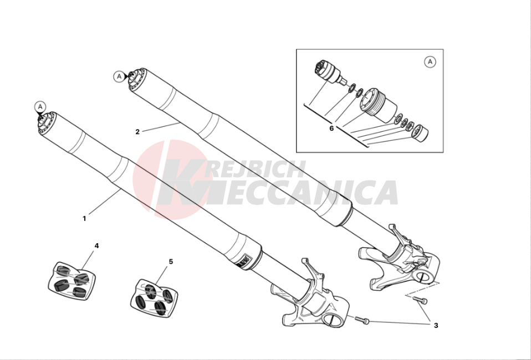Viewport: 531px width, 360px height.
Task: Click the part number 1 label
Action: pyautogui.click(x=84, y=219)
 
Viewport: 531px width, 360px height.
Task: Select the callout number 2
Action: pyautogui.click(x=137, y=132)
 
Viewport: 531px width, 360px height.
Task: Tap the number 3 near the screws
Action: pyautogui.click(x=436, y=326)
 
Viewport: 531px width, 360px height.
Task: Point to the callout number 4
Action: pyautogui.click(x=96, y=246)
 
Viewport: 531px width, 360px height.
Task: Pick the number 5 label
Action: pyautogui.click(x=171, y=261)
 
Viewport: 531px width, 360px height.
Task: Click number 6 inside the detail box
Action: pyautogui.click(x=331, y=128)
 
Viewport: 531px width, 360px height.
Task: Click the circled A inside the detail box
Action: pyautogui.click(x=430, y=62)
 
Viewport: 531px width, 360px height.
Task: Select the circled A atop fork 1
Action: pyautogui.click(x=40, y=107)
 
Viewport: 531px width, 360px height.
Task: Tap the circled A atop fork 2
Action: pyautogui.click(x=119, y=77)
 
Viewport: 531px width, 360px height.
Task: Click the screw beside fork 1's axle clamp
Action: pyautogui.click(x=362, y=320)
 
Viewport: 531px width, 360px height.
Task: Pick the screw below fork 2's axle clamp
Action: pyautogui.click(x=420, y=300)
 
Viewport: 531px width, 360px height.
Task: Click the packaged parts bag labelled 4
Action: pyautogui.click(x=72, y=281)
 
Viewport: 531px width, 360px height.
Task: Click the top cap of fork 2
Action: pyautogui.click(x=137, y=79)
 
